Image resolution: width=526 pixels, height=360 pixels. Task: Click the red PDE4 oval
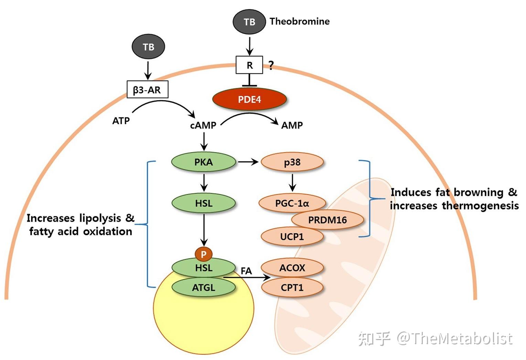point(249,99)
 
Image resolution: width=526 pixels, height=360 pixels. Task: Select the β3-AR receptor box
point(147,90)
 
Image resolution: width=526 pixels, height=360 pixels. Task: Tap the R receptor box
point(249,65)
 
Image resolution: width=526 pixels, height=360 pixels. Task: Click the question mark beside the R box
point(271,65)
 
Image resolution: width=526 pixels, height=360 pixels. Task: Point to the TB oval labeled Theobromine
point(249,22)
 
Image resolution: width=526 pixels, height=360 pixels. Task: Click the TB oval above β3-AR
point(148,47)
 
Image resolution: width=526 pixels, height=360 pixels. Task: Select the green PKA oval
point(203,162)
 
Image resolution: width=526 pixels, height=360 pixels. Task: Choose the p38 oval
point(292,162)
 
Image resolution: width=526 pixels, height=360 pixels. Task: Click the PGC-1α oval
point(292,203)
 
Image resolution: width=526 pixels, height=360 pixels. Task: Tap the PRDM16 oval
point(327,220)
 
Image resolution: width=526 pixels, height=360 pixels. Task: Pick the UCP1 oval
point(292,237)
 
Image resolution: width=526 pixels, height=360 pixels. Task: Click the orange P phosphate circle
point(203,254)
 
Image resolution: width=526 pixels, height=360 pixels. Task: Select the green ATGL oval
point(203,287)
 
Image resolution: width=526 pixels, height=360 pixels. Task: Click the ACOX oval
point(292,268)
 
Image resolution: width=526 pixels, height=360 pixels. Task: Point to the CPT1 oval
point(292,287)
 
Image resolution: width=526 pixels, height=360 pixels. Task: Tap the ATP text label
point(121,121)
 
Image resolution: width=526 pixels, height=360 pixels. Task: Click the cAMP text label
point(203,125)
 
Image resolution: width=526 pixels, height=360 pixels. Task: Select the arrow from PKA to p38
point(248,161)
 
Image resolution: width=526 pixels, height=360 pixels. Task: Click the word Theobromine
point(299,21)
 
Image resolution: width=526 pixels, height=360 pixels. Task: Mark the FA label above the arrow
point(246,271)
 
